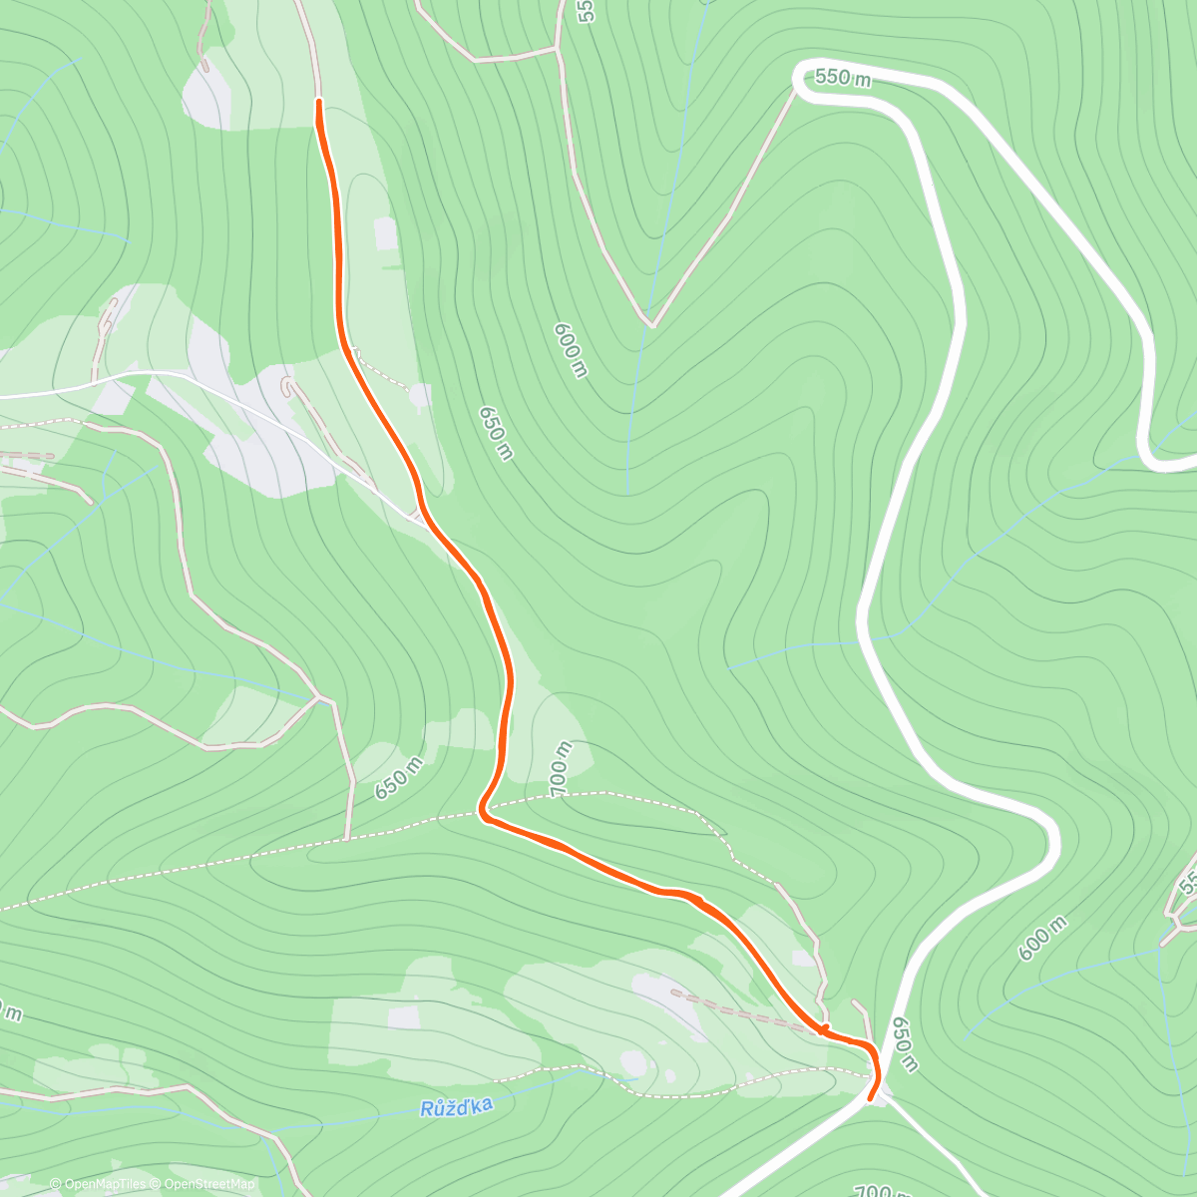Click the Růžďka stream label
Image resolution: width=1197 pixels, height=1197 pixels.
click(456, 1107)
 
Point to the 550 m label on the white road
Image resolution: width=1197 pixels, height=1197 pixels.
click(843, 78)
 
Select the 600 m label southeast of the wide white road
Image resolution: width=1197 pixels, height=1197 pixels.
click(1042, 939)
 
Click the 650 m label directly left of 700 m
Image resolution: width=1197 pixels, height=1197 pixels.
click(399, 778)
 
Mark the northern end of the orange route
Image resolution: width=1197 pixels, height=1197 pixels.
click(318, 102)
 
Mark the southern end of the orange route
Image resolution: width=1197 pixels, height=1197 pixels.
click(871, 1099)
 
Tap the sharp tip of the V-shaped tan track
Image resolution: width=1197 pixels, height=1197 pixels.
click(650, 323)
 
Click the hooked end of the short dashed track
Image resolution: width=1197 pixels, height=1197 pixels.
click(289, 383)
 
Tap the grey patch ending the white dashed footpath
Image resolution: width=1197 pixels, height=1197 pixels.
click(419, 396)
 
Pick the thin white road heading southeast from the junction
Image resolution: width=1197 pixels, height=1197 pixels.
click(938, 1147)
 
